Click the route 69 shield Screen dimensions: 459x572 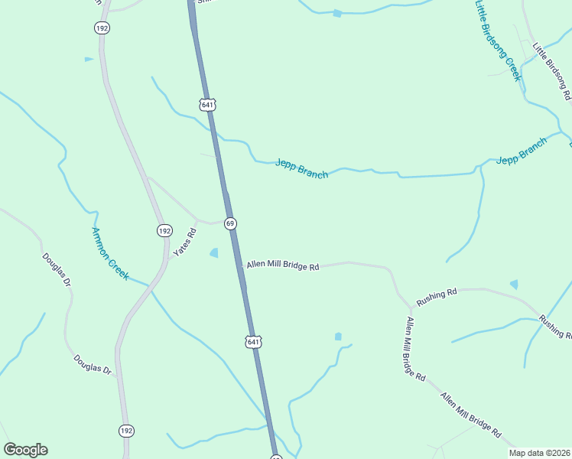pos(229,223)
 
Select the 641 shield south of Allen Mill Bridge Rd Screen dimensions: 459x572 pos(253,341)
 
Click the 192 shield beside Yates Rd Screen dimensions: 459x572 pos(164,230)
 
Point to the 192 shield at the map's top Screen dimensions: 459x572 pos(102,28)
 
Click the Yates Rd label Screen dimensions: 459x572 pos(184,241)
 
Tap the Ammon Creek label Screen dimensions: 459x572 pos(109,253)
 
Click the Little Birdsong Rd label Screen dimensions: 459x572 pos(552,72)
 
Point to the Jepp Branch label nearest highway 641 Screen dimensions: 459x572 pos(301,168)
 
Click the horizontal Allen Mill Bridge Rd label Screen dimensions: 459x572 pos(282,266)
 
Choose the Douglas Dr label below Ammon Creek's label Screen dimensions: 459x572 pos(93,364)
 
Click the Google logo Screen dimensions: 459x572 pos(25,450)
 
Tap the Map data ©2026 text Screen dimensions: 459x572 pos(540,453)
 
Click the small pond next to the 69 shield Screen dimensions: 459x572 pos(214,252)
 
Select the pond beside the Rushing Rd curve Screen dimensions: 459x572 pos(514,285)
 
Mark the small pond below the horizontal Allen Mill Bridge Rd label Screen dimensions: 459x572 pos(338,336)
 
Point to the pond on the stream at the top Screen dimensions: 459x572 pos(337,13)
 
